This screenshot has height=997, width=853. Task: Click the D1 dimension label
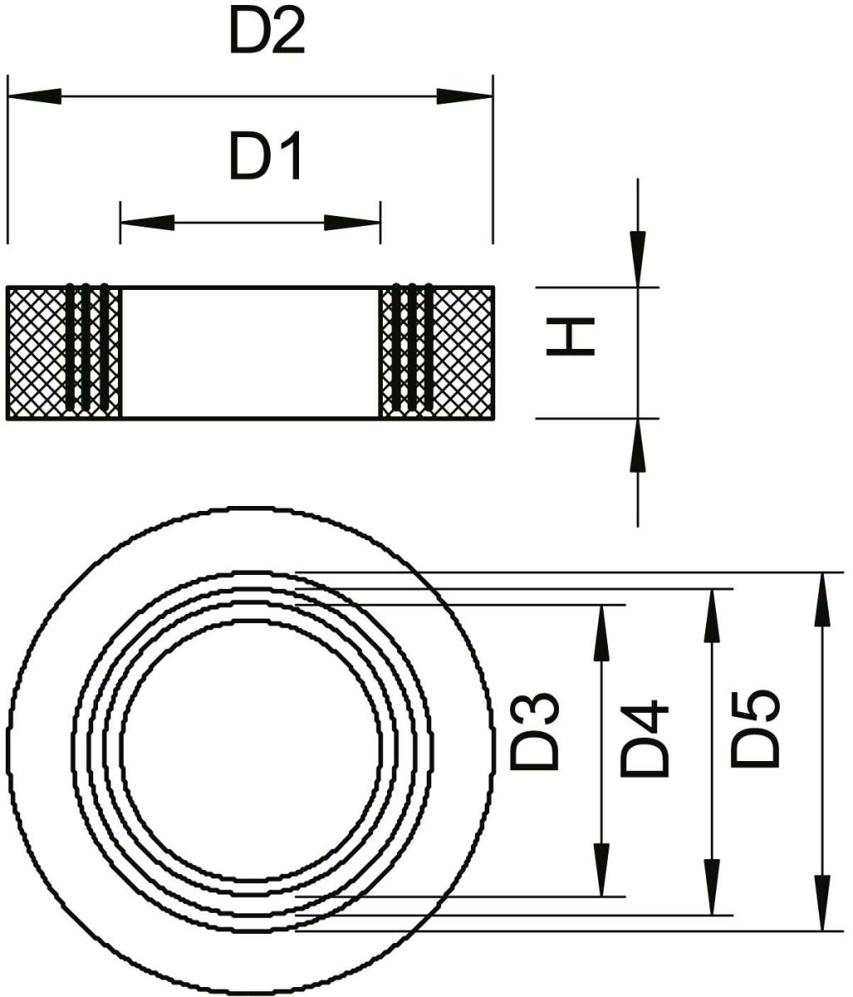266,156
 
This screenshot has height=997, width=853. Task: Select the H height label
570,336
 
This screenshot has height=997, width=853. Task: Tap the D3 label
534,731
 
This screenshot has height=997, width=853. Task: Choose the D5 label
755,729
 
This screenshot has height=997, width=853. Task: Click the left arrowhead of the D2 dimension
35,96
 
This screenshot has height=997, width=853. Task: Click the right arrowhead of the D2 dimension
465,96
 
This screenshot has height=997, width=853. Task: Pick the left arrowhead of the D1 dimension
147,223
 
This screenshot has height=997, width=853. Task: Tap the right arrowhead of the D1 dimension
352,223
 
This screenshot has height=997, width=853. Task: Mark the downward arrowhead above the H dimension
637,259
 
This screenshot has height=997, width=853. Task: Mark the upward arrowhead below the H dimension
637,445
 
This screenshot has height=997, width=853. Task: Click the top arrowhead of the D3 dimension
602,633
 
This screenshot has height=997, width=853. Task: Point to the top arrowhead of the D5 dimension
822,600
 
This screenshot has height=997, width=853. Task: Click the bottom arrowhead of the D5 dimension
822,902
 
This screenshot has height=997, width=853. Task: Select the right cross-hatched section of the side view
437,353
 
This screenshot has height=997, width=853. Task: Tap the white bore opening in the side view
250,353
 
